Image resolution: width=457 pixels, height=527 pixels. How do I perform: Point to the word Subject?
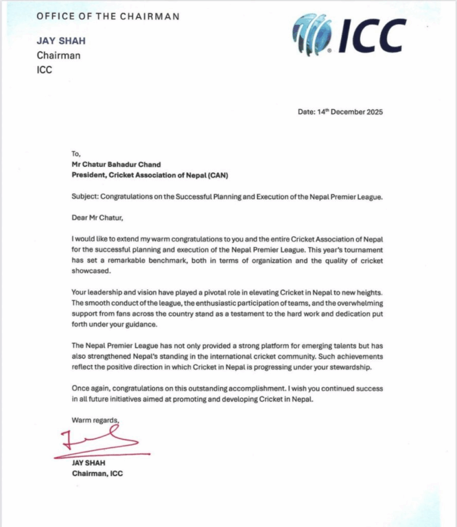click(87, 196)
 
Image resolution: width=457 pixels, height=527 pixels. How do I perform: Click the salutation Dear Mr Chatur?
click(99, 218)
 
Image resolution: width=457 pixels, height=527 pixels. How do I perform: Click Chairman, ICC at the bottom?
click(97, 473)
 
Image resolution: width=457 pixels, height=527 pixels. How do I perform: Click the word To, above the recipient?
click(76, 154)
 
